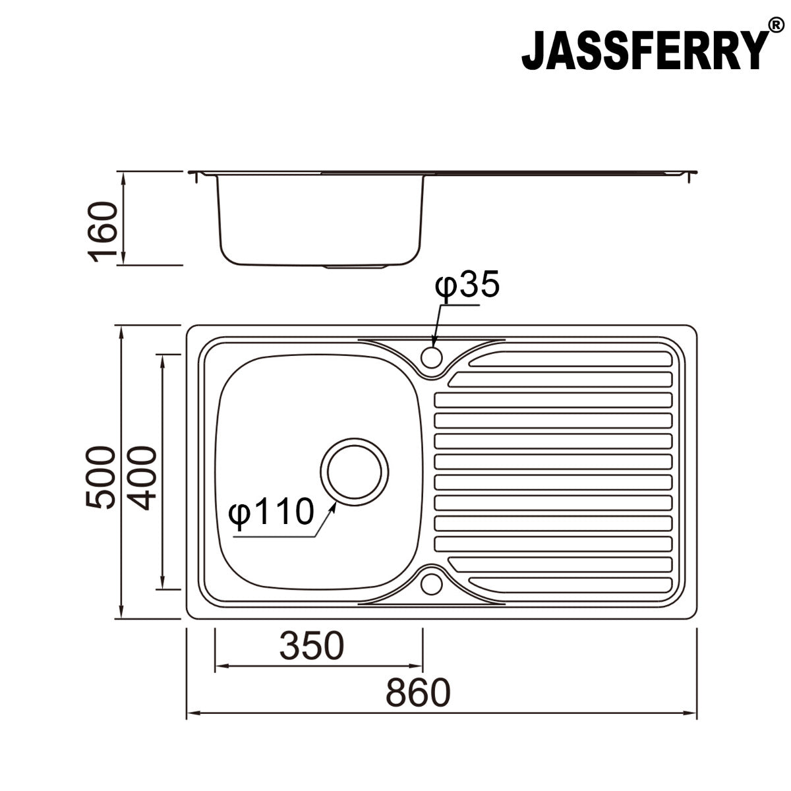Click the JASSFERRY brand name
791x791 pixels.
645,51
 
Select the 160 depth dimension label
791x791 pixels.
104,232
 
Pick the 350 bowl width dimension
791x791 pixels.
311,646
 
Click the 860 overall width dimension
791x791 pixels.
418,692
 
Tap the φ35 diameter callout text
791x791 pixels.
467,286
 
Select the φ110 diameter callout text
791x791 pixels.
270,513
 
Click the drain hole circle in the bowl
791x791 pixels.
355,471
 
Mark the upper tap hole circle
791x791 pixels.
432,357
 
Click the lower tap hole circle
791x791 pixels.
432,583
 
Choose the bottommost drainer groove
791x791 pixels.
573,584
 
